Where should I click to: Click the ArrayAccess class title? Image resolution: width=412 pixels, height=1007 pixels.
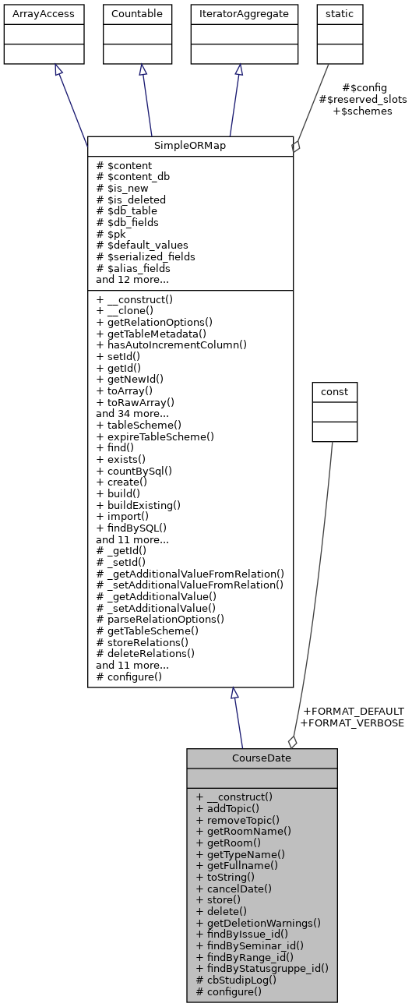[x=43, y=14]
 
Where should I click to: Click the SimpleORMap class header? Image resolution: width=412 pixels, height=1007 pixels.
[x=190, y=147]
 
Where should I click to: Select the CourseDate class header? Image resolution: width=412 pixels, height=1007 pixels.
[x=262, y=758]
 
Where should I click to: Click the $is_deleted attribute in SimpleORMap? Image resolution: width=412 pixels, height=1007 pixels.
[x=131, y=200]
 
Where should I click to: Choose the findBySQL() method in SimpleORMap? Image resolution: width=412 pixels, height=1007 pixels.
[x=132, y=528]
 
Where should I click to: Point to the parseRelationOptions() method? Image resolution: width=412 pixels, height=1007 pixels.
[x=160, y=620]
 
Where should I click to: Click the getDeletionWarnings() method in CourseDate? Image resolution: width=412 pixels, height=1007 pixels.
[x=259, y=923]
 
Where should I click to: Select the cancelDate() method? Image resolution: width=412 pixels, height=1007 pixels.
[x=234, y=889]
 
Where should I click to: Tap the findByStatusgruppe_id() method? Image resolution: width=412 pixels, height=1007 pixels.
[x=262, y=968]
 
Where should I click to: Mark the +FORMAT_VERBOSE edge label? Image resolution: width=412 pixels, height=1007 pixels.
[x=352, y=723]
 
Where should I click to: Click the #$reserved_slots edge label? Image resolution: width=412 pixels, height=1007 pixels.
[x=363, y=100]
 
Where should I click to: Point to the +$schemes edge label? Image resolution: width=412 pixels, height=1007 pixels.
[x=362, y=111]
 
